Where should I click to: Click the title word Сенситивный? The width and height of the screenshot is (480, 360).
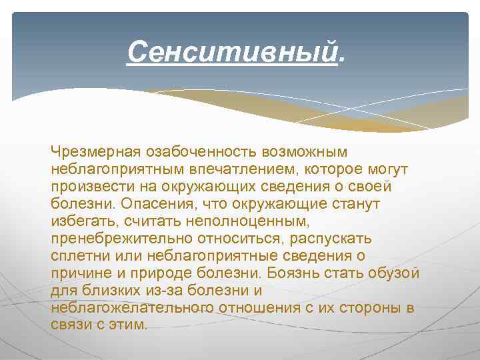(232, 51)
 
